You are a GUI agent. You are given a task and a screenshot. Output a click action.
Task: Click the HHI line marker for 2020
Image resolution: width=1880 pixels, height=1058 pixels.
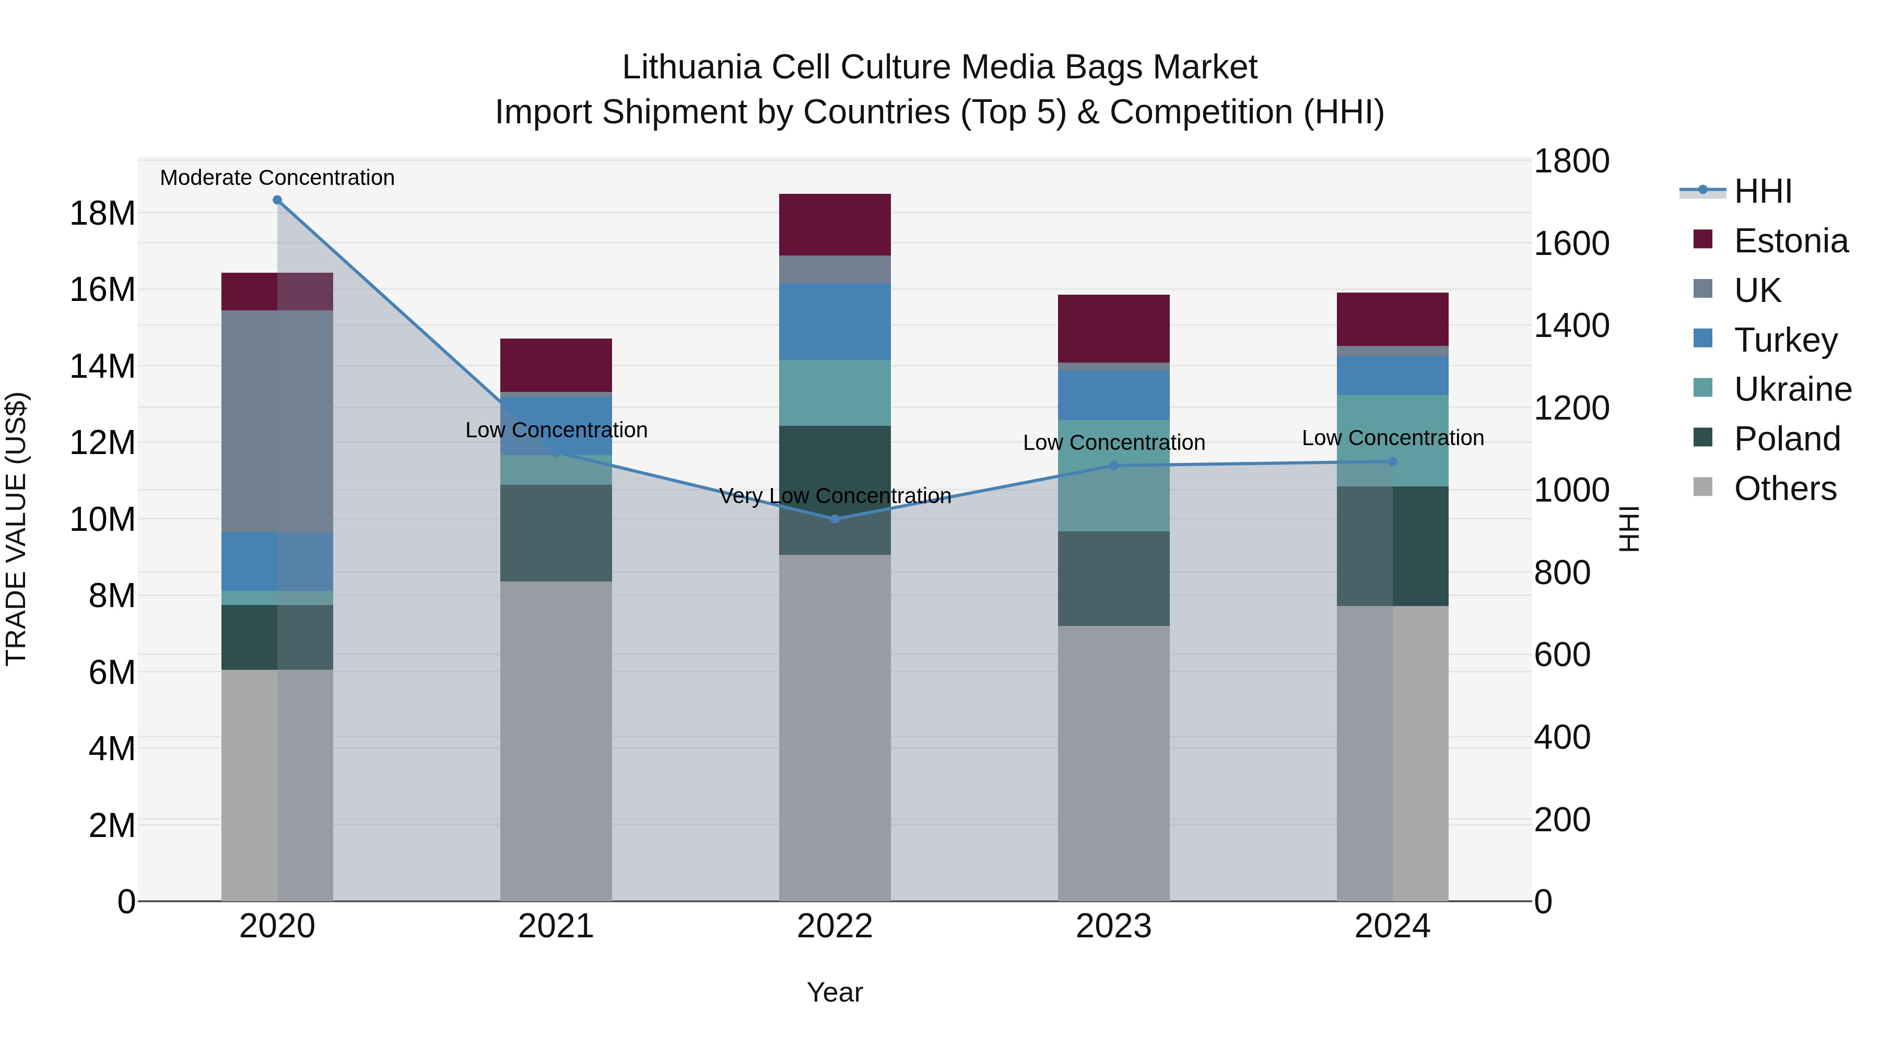pyautogui.click(x=277, y=200)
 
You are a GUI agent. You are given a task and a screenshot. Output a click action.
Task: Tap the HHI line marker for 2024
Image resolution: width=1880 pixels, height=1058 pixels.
pyautogui.click(x=1392, y=461)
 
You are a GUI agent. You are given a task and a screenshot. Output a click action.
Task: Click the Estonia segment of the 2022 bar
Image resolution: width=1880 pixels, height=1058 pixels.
pyautogui.click(x=835, y=224)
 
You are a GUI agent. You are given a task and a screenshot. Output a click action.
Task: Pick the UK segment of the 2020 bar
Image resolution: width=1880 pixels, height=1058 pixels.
pyautogui.click(x=277, y=421)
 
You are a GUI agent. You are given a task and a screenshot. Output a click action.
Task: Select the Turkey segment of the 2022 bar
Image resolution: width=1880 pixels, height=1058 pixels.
pyautogui.click(x=835, y=321)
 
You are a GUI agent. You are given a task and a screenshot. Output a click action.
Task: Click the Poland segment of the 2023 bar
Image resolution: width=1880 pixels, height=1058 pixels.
pyautogui.click(x=1114, y=578)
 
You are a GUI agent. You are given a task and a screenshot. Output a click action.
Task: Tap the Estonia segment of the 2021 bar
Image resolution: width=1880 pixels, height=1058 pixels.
pyautogui.click(x=556, y=365)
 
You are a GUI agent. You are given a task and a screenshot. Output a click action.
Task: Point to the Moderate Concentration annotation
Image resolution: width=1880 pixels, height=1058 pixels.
pyautogui.click(x=277, y=178)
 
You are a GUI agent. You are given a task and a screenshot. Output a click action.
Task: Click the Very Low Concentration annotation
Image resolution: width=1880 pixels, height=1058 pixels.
pyautogui.click(x=835, y=496)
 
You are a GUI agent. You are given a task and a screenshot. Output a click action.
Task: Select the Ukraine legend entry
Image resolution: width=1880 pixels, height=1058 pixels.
pyautogui.click(x=1792, y=389)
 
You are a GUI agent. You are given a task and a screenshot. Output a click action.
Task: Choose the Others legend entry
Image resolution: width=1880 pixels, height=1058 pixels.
pyautogui.click(x=1784, y=489)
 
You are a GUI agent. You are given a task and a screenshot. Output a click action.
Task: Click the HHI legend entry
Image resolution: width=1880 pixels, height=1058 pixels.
pyautogui.click(x=1762, y=191)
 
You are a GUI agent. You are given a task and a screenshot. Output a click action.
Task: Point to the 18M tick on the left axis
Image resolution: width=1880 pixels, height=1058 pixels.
pyautogui.click(x=102, y=213)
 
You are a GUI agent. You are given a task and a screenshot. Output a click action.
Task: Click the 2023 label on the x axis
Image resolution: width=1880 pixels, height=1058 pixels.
pyautogui.click(x=1114, y=926)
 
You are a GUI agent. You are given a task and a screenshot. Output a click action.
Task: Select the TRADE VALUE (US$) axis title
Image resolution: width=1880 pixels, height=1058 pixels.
pyautogui.click(x=16, y=529)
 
